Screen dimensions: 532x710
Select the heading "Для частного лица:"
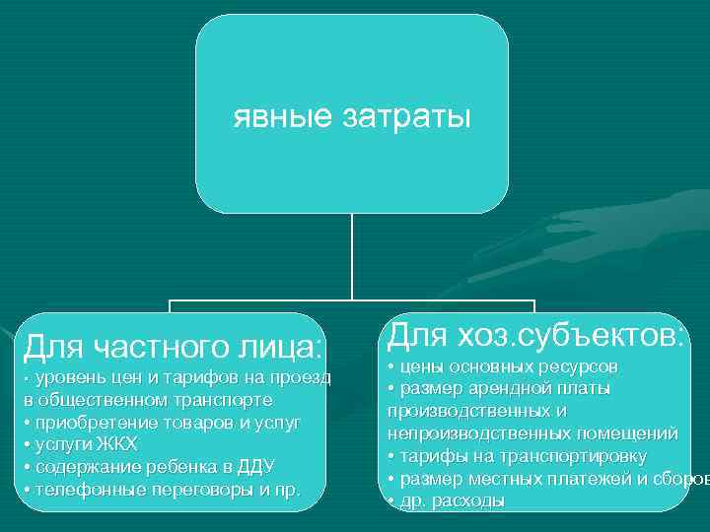(x=174, y=346)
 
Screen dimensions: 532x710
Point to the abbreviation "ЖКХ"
(x=116, y=444)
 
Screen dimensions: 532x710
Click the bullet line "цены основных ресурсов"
(x=503, y=366)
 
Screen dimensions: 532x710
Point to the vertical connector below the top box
(x=352, y=256)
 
